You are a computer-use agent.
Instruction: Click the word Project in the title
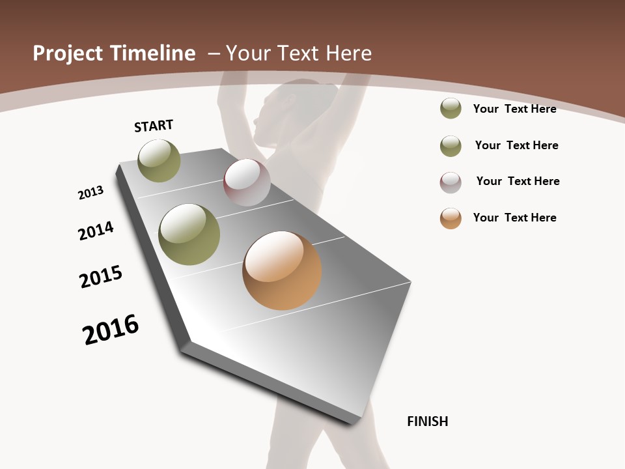pyautogui.click(x=68, y=53)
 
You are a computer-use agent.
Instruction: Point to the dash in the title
pyautogui.click(x=214, y=53)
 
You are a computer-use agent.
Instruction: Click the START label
pyautogui.click(x=154, y=126)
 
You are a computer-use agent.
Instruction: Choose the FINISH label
pyautogui.click(x=427, y=421)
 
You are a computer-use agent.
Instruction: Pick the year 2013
pyautogui.click(x=90, y=193)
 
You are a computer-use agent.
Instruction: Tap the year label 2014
pyautogui.click(x=96, y=231)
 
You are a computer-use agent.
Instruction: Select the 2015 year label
pyautogui.click(x=101, y=277)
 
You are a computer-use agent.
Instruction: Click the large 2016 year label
pyautogui.click(x=111, y=330)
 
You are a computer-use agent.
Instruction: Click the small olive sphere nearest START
pyautogui.click(x=159, y=160)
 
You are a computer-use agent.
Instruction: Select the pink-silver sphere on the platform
pyautogui.click(x=247, y=182)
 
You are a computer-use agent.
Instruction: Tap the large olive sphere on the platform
pyautogui.click(x=189, y=234)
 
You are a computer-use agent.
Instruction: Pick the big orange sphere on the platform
pyautogui.click(x=282, y=270)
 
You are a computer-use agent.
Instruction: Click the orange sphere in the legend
pyautogui.click(x=451, y=218)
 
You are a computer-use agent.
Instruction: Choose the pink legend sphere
pyautogui.click(x=451, y=182)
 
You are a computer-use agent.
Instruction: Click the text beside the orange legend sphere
pyautogui.click(x=514, y=218)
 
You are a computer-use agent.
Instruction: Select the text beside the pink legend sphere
pyautogui.click(x=518, y=181)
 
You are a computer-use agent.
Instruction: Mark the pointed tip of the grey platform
pyautogui.click(x=187, y=342)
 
